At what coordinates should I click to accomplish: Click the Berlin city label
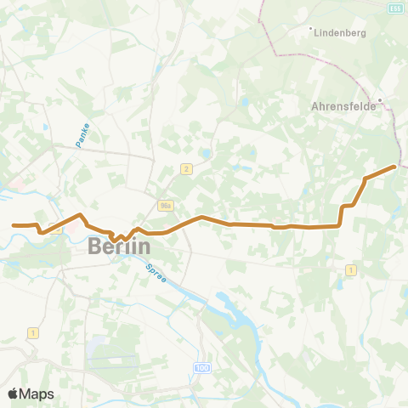click(120, 246)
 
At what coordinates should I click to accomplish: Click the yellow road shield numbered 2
click(186, 169)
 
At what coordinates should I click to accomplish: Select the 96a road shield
click(165, 205)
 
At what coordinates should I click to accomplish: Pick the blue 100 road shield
click(201, 367)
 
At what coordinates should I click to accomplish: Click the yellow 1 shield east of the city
click(350, 269)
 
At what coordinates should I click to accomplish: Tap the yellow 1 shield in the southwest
click(33, 331)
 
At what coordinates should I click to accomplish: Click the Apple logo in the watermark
click(14, 394)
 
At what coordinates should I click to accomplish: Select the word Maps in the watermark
click(37, 394)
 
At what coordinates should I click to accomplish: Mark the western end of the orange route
click(14, 225)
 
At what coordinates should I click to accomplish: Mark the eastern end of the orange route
click(395, 167)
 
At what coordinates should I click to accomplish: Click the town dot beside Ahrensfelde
click(381, 99)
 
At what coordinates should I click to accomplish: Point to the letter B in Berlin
click(95, 246)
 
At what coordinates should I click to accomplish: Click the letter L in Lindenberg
click(317, 35)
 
